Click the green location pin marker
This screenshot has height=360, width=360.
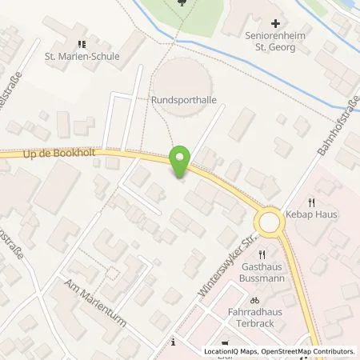pyautogui.click(x=181, y=162)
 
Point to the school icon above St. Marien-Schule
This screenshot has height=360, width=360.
pyautogui.click(x=81, y=44)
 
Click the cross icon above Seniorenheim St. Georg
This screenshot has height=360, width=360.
pyautogui.click(x=275, y=25)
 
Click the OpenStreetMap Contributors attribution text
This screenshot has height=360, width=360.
pyautogui.click(x=310, y=351)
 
